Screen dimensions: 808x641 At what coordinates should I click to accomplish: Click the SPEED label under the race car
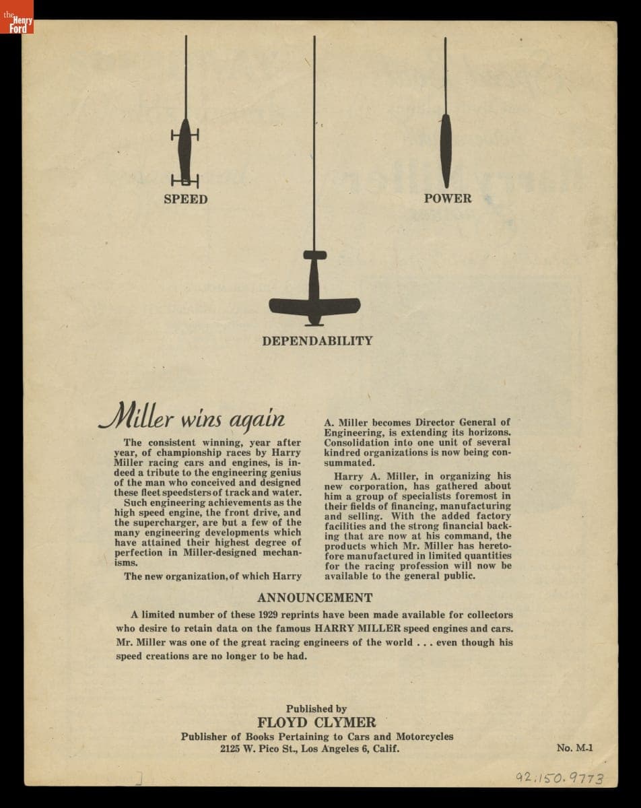click(185, 199)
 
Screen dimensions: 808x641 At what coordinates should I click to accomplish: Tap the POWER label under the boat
click(448, 199)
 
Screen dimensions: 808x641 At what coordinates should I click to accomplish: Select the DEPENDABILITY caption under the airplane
click(317, 341)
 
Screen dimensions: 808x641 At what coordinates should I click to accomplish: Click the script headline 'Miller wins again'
click(192, 417)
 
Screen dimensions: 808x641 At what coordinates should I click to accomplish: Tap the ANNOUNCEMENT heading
click(314, 597)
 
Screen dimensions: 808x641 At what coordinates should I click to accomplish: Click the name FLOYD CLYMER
click(316, 722)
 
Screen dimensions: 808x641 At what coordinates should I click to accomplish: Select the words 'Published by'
click(316, 708)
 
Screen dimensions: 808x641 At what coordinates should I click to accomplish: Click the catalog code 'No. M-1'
click(575, 747)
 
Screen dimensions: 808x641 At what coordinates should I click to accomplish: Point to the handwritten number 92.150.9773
click(560, 778)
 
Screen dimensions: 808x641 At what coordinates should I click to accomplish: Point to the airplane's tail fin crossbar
click(314, 255)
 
